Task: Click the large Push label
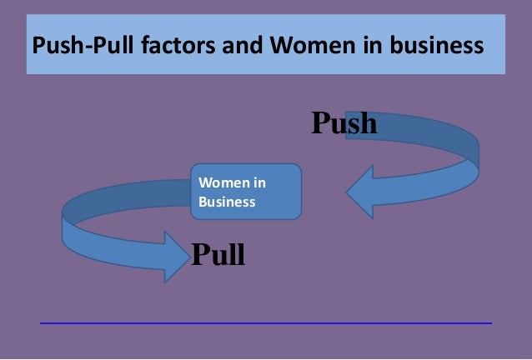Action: point(344,123)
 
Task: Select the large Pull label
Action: point(218,253)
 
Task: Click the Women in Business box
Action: point(245,192)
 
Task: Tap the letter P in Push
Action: point(322,123)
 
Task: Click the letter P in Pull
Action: point(201,253)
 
